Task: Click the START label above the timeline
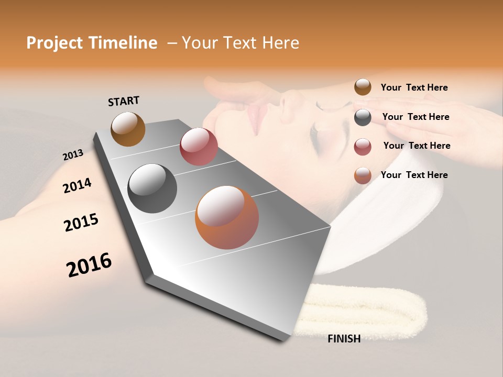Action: click(124, 101)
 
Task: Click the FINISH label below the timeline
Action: click(344, 339)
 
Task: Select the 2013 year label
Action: click(73, 154)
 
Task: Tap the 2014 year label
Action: click(77, 185)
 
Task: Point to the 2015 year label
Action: click(81, 223)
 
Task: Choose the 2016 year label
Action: click(89, 265)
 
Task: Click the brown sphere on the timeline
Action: click(128, 129)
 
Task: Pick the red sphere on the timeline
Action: click(199, 147)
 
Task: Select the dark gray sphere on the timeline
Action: click(152, 188)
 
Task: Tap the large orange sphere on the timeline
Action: click(227, 217)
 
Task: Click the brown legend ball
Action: click(363, 87)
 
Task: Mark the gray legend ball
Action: click(363, 117)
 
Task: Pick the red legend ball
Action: click(363, 147)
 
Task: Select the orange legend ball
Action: click(363, 175)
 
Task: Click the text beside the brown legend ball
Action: click(414, 87)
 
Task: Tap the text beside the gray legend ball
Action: click(415, 117)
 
